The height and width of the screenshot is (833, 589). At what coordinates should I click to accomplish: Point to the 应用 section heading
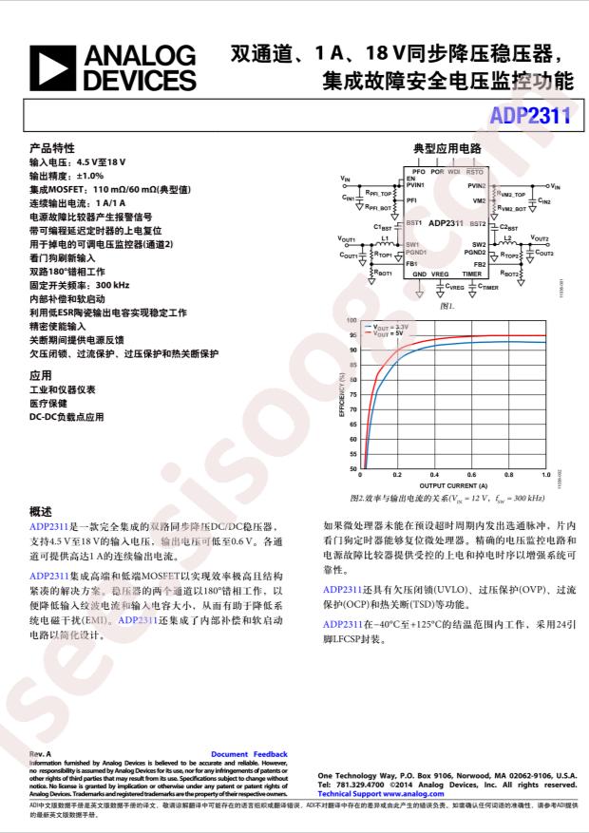[x=41, y=375]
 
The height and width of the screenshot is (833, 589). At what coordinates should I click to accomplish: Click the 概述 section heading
[x=41, y=510]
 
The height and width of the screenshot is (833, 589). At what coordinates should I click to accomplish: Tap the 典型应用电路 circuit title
[x=447, y=149]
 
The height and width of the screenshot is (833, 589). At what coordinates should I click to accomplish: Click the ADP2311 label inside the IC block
[x=446, y=222]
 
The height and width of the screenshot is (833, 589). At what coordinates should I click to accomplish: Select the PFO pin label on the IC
[x=418, y=172]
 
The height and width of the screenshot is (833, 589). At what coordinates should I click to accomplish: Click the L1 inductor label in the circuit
[x=385, y=238]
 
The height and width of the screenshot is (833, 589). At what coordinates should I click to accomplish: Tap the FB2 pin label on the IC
[x=480, y=264]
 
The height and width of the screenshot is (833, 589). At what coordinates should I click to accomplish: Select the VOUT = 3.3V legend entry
[x=390, y=327]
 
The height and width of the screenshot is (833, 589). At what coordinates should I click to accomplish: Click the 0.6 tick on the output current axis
[x=471, y=474]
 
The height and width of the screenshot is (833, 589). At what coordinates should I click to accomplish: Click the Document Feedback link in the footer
[x=249, y=752]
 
